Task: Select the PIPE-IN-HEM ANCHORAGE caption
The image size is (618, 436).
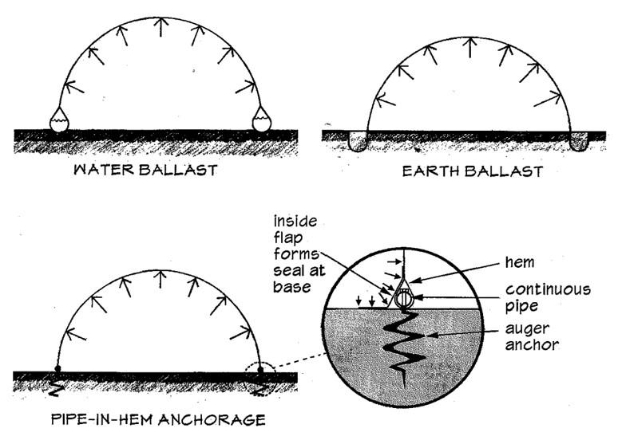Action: click(156, 418)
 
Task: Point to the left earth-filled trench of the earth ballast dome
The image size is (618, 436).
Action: click(359, 142)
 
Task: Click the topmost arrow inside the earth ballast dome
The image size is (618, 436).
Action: click(470, 48)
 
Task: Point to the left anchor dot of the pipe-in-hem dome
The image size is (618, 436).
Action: click(57, 367)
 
